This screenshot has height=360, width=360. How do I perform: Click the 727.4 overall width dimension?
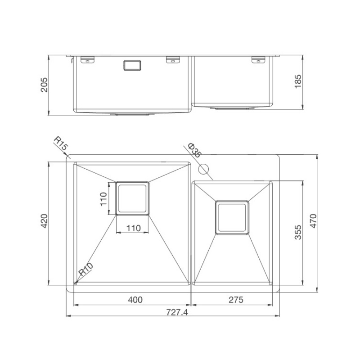[x=177, y=312]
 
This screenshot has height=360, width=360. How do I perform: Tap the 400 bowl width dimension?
[x=135, y=300]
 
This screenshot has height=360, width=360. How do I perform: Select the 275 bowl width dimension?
[x=236, y=300]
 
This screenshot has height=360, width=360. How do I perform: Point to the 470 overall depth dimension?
[x=313, y=221]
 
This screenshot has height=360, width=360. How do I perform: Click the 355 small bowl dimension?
[x=298, y=232]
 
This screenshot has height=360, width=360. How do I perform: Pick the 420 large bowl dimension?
[x=44, y=221]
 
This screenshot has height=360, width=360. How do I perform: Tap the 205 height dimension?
[x=44, y=85]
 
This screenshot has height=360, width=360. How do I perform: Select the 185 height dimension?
[x=298, y=81]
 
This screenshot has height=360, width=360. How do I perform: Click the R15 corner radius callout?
[x=61, y=143]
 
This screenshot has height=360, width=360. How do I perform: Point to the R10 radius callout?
[x=86, y=269]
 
